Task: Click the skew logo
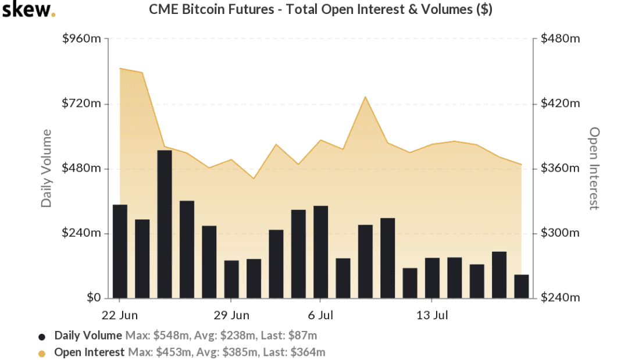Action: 28,10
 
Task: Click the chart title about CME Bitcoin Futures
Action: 320,9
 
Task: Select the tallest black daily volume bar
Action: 165,224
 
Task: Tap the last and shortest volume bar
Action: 522,286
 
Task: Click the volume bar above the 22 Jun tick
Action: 120,251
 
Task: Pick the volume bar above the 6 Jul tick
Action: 321,252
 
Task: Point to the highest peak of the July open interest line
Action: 365,97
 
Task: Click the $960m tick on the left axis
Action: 82,38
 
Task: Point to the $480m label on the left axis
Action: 81,167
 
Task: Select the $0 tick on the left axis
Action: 94,297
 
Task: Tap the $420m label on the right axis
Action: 561,104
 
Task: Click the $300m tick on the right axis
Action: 560,233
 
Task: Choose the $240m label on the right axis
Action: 561,297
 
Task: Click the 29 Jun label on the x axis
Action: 231,315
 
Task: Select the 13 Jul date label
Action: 432,315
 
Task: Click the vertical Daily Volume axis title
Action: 47,168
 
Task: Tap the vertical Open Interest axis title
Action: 594,168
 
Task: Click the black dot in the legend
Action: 42,337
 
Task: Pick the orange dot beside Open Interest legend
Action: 42,354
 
